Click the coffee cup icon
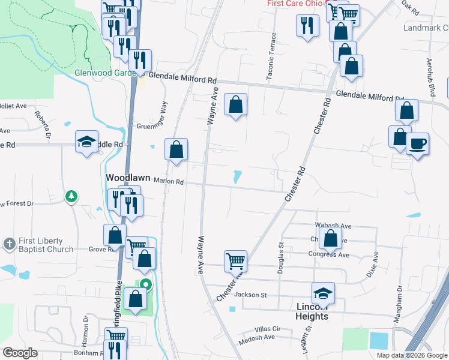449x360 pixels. click(x=417, y=144)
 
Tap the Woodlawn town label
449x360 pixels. click(x=127, y=178)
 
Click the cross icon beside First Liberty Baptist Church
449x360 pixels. click(x=9, y=244)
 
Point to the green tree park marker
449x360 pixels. click(x=71, y=196)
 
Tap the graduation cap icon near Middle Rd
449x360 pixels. click(x=87, y=142)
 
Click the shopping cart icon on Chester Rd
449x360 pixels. click(x=236, y=261)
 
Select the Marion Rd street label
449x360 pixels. click(x=168, y=181)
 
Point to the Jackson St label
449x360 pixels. click(x=250, y=295)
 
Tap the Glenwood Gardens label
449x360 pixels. click(x=101, y=73)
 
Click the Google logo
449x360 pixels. click(x=20, y=353)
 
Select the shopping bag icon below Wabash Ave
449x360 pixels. click(x=331, y=238)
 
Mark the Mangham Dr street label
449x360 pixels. click(x=397, y=305)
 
